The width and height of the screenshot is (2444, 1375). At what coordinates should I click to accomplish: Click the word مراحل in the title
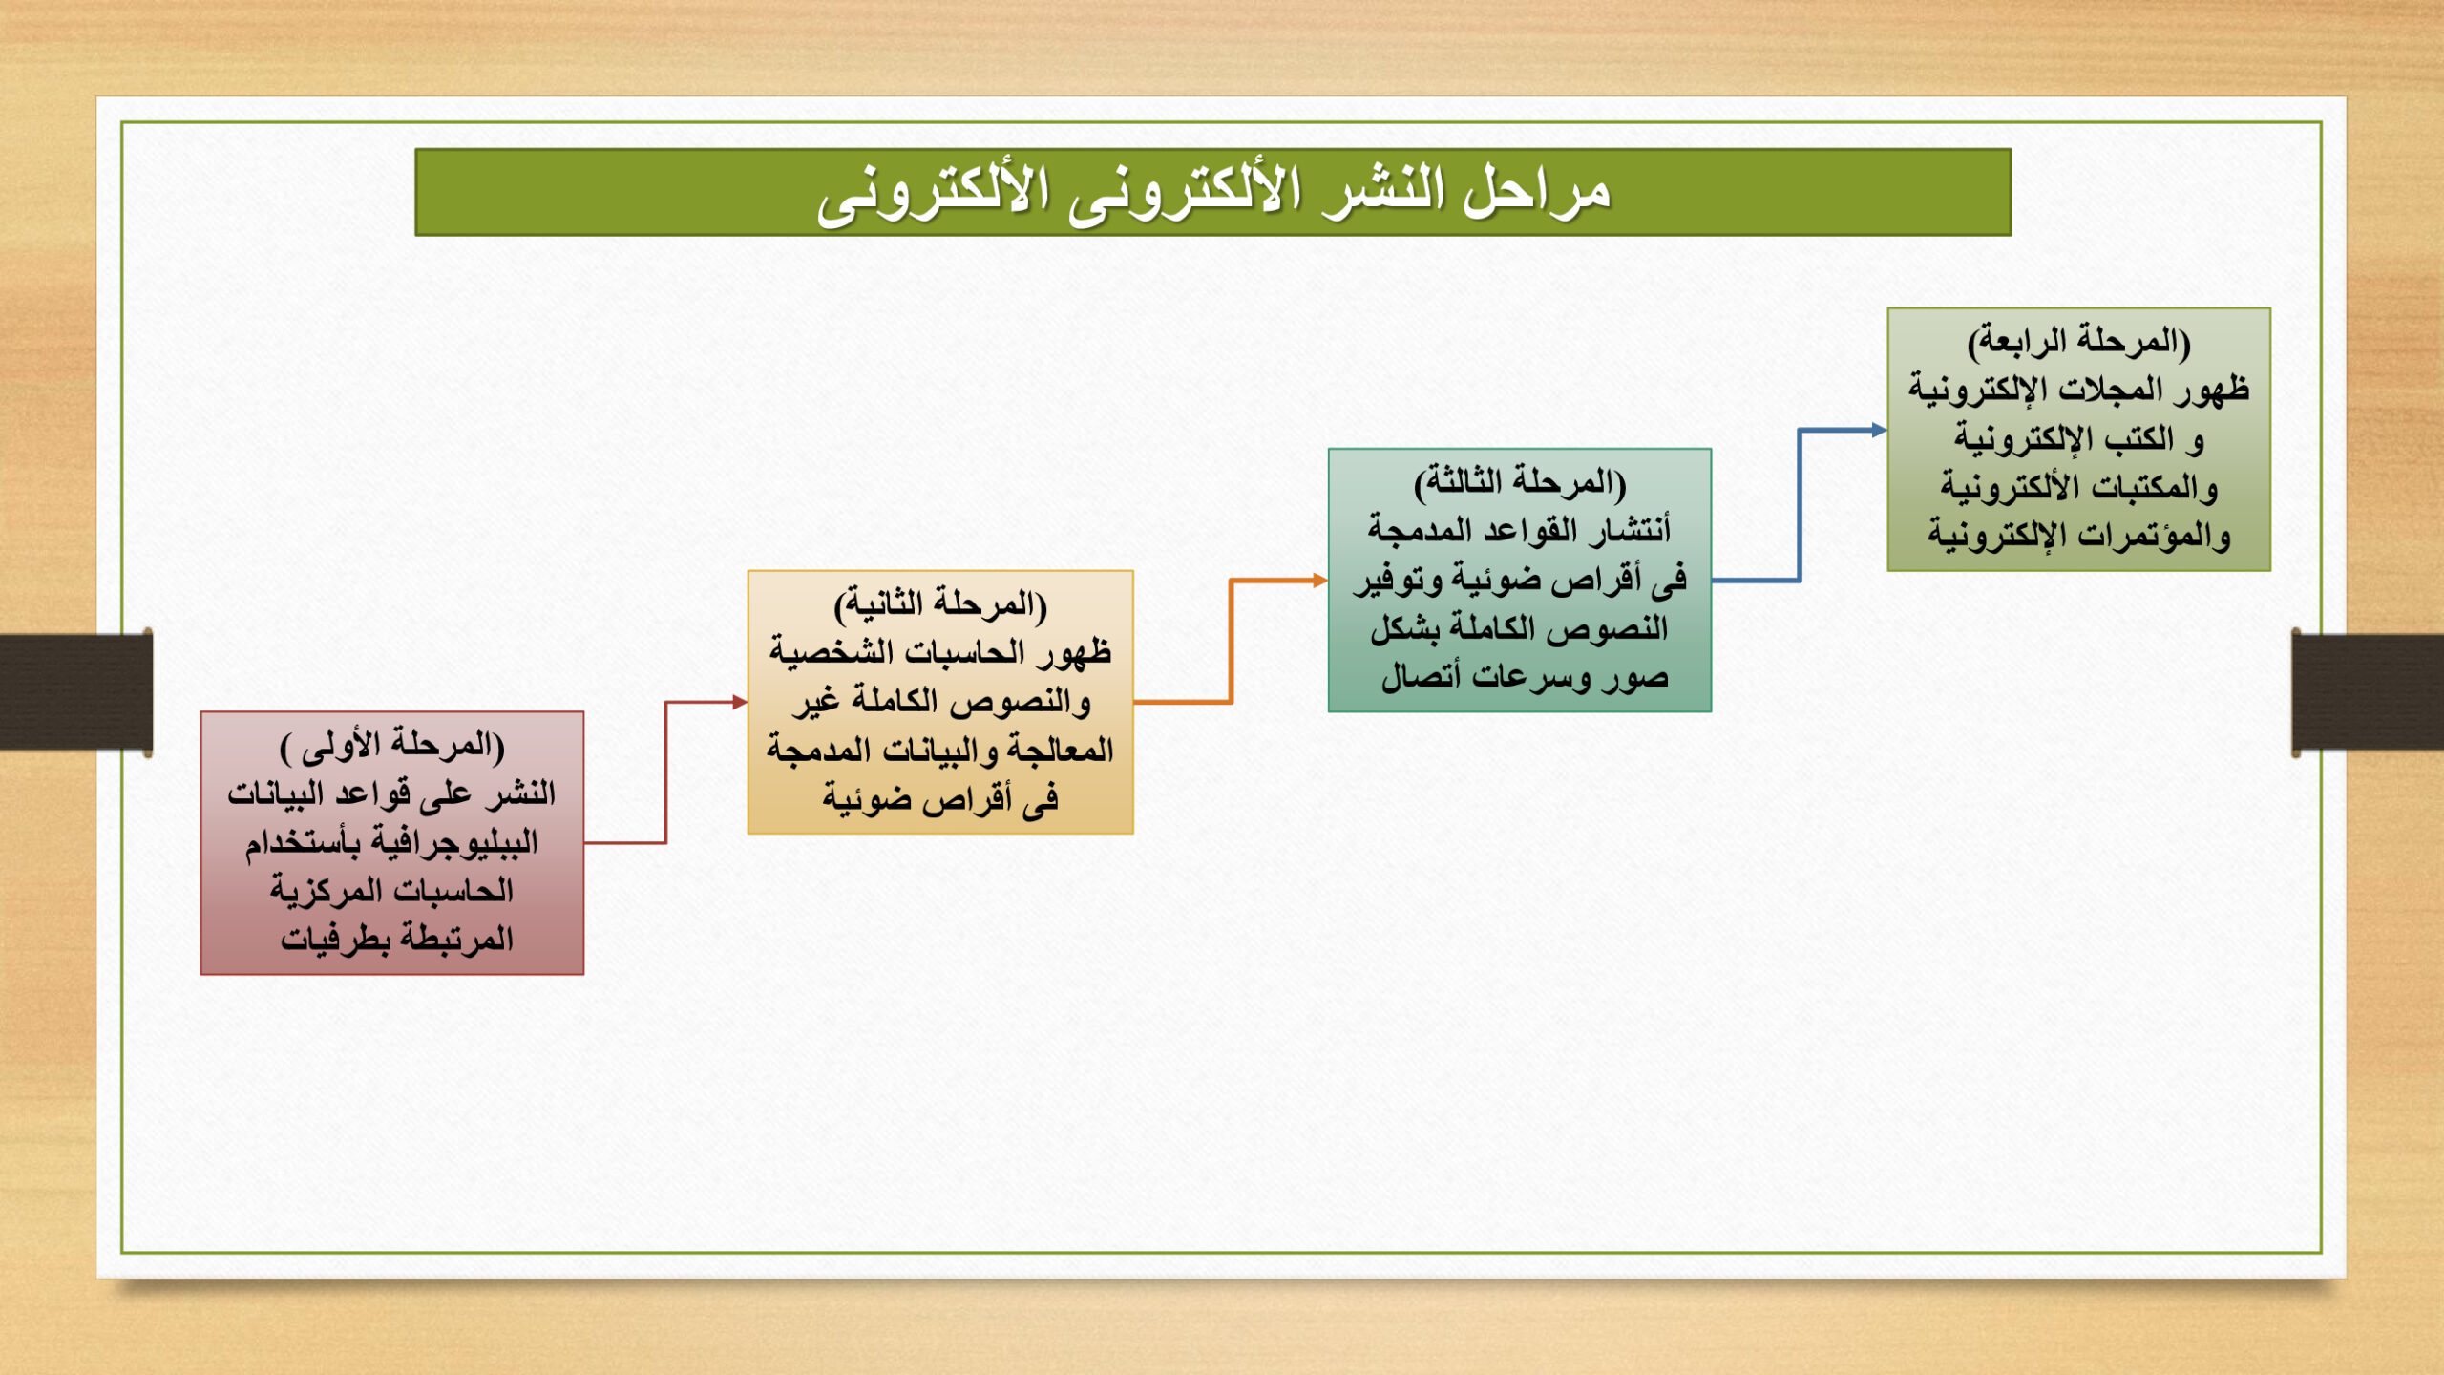click(x=1537, y=192)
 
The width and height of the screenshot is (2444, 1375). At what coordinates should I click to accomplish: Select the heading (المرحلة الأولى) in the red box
click(x=391, y=746)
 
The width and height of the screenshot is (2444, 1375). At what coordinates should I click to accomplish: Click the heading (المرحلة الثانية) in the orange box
click(x=940, y=604)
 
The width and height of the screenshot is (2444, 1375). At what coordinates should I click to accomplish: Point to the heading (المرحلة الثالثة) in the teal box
click(x=1520, y=482)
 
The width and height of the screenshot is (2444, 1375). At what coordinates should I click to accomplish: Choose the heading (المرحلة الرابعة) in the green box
click(x=2079, y=341)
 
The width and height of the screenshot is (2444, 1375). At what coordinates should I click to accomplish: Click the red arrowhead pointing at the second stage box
click(x=740, y=702)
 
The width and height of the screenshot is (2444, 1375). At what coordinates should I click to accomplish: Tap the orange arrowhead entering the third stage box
click(x=1320, y=580)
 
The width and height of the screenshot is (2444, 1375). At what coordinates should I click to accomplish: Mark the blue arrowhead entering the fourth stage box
click(x=1879, y=430)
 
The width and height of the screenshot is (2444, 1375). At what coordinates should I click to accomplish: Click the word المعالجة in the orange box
click(x=1061, y=751)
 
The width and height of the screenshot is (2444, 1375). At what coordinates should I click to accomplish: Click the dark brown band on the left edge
click(x=75, y=692)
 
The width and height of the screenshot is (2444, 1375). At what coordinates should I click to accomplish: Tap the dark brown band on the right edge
click(x=2368, y=692)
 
